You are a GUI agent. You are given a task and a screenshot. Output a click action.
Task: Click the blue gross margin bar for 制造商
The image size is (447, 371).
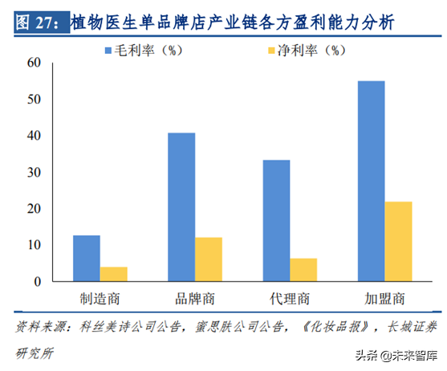(x=87, y=258)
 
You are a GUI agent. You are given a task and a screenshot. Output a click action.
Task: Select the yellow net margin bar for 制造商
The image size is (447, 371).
(x=113, y=274)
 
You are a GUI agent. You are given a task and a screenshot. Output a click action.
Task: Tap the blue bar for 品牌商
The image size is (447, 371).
(x=181, y=206)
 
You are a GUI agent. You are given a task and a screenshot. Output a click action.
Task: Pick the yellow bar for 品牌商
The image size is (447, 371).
(x=208, y=259)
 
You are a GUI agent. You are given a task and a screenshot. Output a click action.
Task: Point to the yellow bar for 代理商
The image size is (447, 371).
(x=303, y=270)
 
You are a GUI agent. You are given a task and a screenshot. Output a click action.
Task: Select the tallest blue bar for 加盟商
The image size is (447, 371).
(x=371, y=181)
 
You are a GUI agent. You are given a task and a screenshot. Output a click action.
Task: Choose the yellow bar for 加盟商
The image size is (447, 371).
(x=398, y=241)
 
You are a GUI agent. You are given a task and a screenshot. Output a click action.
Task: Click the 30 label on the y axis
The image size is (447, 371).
(x=32, y=172)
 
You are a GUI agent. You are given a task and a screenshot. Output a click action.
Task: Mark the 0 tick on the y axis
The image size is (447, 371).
(x=36, y=281)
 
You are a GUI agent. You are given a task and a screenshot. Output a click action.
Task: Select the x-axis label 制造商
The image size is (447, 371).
(x=100, y=299)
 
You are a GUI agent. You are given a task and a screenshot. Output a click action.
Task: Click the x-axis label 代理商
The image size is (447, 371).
(x=290, y=299)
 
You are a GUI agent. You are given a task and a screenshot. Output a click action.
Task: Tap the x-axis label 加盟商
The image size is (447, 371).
(x=384, y=299)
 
